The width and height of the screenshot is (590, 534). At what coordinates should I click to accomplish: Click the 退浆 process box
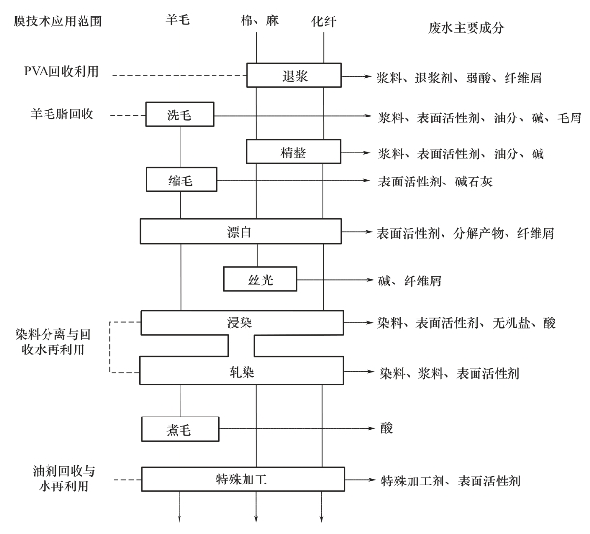click(292, 74)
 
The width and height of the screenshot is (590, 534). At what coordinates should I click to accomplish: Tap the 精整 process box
click(292, 152)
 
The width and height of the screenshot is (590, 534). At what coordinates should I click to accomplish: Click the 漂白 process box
click(241, 231)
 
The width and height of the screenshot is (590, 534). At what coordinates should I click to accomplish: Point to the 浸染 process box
click(241, 321)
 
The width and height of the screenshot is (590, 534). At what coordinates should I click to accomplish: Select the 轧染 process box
click(241, 371)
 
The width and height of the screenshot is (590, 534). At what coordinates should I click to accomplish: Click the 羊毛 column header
click(180, 19)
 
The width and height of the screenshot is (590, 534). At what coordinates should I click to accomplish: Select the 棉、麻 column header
click(256, 19)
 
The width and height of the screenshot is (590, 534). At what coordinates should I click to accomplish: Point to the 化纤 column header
click(323, 19)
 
